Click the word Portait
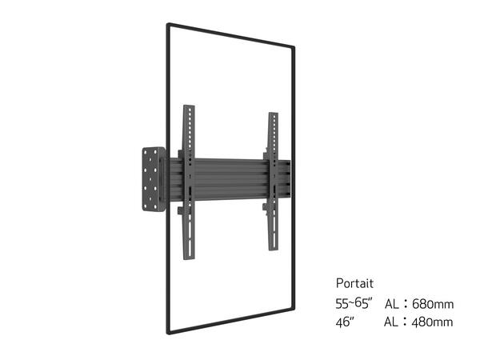pos(354,283)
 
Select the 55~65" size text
pos(356,304)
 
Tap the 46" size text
pos(346,322)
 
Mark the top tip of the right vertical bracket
pos(271,113)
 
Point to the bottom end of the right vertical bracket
pos(272,249)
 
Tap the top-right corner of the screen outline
pos(293,49)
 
